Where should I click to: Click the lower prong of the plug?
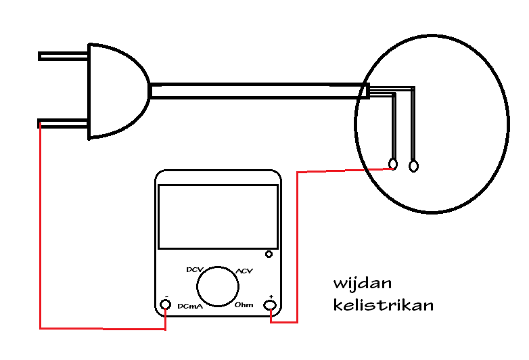pyautogui.click(x=63, y=123)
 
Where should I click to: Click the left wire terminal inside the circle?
pyautogui.click(x=394, y=163)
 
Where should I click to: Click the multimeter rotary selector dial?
pyautogui.click(x=217, y=286)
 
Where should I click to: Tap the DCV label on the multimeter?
pyautogui.click(x=194, y=269)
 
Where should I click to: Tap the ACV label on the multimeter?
pyautogui.click(x=244, y=271)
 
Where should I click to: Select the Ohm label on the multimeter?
pyautogui.click(x=244, y=305)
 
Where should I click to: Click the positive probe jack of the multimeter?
pyautogui.click(x=271, y=305)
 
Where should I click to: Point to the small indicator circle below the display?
pyautogui.click(x=269, y=254)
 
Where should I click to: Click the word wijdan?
pyautogui.click(x=362, y=283)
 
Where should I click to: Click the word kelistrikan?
pyautogui.click(x=383, y=305)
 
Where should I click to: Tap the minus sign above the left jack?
pyautogui.click(x=166, y=296)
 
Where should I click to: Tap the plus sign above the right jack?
pyautogui.click(x=271, y=296)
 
